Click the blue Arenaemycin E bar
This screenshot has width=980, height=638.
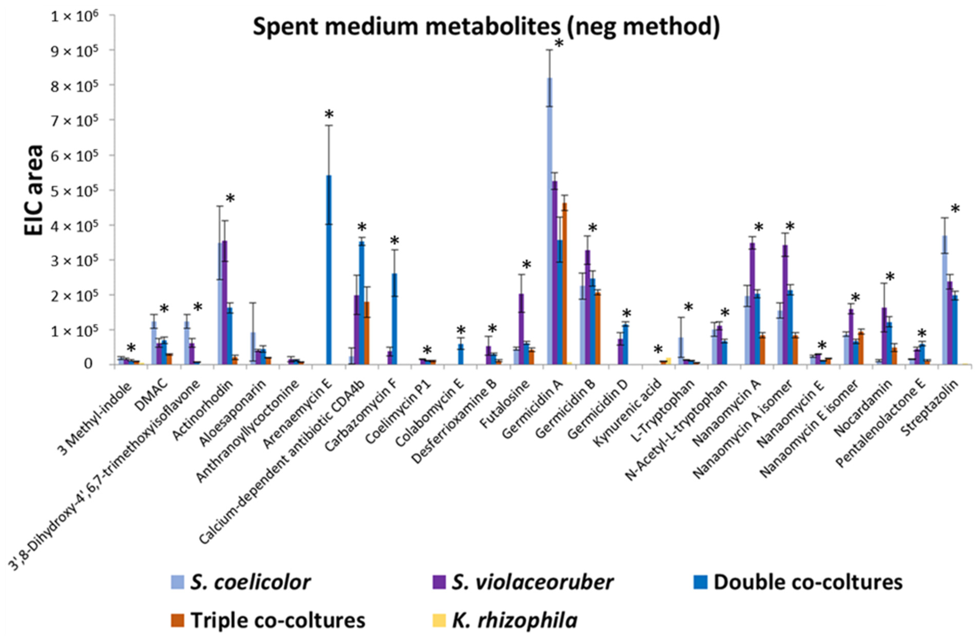point(328,271)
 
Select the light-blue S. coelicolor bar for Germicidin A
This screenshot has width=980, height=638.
point(549,222)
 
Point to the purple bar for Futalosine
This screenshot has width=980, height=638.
point(521,329)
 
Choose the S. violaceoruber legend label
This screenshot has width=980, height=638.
point(532,582)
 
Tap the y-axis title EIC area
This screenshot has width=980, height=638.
point(34,191)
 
